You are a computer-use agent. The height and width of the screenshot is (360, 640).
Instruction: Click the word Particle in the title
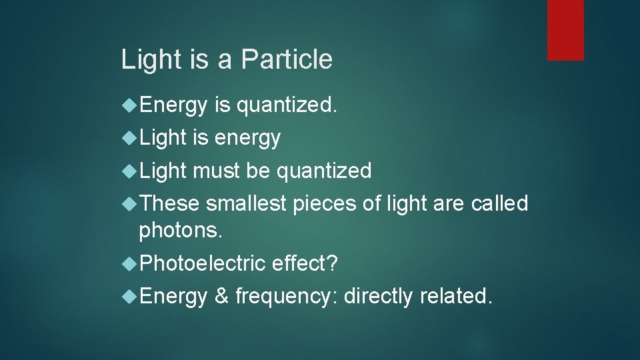coord(286,59)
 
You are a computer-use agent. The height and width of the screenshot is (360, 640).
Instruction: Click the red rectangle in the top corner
coord(565,30)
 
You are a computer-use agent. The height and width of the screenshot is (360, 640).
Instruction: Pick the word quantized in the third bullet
coord(324,171)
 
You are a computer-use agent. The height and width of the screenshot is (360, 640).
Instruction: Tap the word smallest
coord(248,203)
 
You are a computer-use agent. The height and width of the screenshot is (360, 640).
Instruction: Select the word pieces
coord(326,203)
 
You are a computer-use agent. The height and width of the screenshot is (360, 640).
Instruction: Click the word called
coord(499,203)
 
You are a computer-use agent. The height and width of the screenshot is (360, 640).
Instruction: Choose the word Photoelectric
coord(203,263)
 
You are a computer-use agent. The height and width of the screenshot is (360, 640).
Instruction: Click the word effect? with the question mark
coord(305,263)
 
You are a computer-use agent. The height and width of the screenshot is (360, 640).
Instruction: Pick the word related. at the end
coord(456,295)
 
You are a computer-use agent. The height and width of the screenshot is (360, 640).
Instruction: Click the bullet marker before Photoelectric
coord(130,263)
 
